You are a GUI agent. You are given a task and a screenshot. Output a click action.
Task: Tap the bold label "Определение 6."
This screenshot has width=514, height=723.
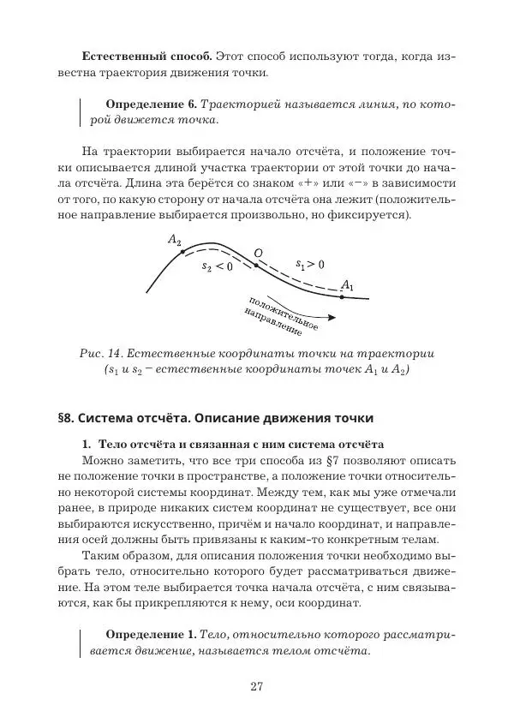[146, 104]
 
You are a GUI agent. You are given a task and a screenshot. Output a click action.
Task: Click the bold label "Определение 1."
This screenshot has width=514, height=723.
[149, 633]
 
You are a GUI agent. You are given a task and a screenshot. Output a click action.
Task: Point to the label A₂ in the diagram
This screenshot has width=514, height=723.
[175, 242]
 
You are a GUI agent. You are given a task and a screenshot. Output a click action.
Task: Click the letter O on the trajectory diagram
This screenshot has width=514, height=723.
[257, 253]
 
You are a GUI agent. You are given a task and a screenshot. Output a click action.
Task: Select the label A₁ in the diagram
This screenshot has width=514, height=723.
[347, 284]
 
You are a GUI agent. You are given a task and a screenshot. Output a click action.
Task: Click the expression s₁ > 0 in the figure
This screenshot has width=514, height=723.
[309, 265]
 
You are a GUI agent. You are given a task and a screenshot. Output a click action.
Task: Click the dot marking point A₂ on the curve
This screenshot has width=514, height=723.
[182, 250]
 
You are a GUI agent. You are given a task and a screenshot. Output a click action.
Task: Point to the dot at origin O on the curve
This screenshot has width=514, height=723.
[255, 265]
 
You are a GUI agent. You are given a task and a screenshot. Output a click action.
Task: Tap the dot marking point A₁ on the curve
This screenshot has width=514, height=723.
[341, 296]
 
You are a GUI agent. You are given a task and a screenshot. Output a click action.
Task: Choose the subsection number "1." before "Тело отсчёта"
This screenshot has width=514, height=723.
[87, 445]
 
